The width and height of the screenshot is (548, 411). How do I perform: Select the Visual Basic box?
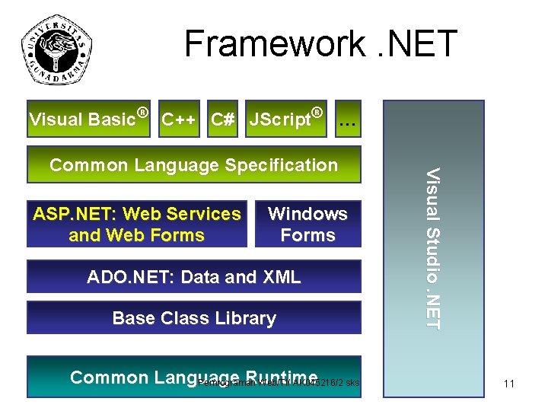click(89, 119)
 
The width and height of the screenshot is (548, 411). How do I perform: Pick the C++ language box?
click(180, 119)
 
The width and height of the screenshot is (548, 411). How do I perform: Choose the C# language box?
click(223, 119)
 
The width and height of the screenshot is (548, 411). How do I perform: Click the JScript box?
click(288, 119)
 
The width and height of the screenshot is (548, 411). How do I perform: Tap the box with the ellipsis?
click(348, 119)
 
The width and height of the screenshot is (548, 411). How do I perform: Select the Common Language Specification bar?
click(193, 165)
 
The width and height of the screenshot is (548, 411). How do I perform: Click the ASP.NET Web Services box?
click(137, 225)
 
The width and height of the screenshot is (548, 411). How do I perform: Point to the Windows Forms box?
click(307, 225)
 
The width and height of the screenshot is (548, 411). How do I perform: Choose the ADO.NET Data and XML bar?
click(193, 277)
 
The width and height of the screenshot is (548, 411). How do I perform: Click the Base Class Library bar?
click(193, 318)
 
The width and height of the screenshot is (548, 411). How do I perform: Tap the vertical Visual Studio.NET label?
click(432, 248)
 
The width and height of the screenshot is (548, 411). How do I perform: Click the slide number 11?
click(509, 384)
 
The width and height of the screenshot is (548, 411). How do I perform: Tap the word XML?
click(281, 277)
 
